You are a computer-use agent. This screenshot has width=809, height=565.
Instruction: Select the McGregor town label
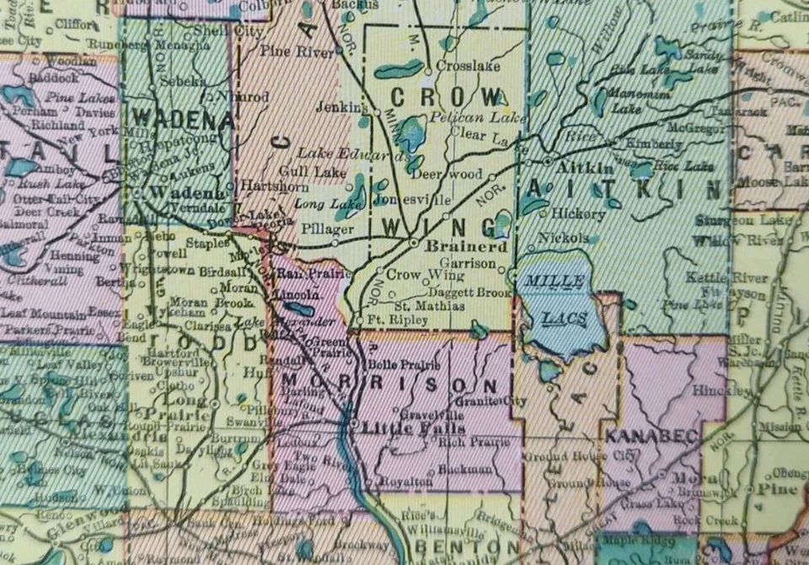tap(696, 128)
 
